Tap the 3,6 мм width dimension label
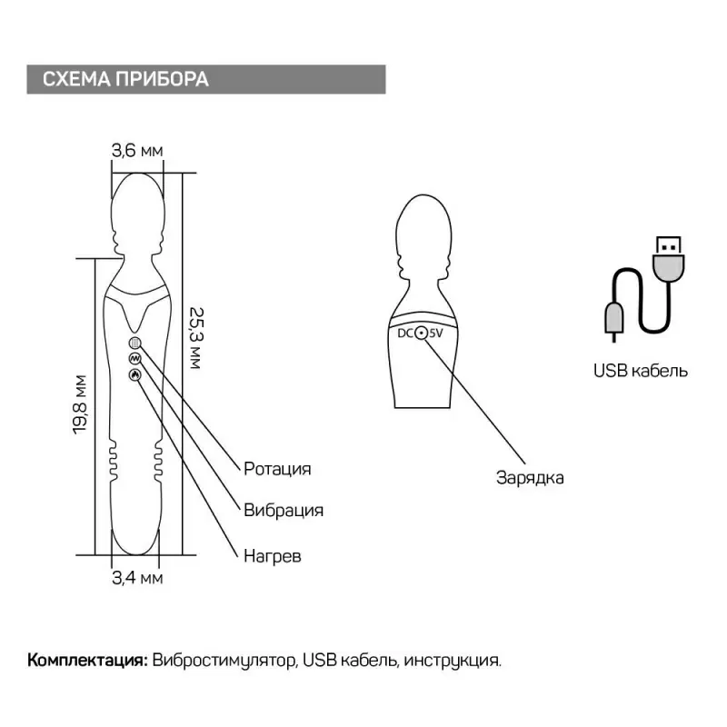point(136,152)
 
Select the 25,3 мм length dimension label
point(194,337)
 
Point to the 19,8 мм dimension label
point(81,405)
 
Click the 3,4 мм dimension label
point(136,576)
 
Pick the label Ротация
point(277,469)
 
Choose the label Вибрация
point(284,509)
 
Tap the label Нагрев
point(272,554)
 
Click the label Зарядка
point(530,477)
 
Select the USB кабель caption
point(640,371)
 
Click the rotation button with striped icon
point(134,344)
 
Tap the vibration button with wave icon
point(134,358)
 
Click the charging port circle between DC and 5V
point(421,334)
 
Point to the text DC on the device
point(405,334)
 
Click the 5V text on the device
point(436,334)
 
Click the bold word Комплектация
point(87,660)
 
